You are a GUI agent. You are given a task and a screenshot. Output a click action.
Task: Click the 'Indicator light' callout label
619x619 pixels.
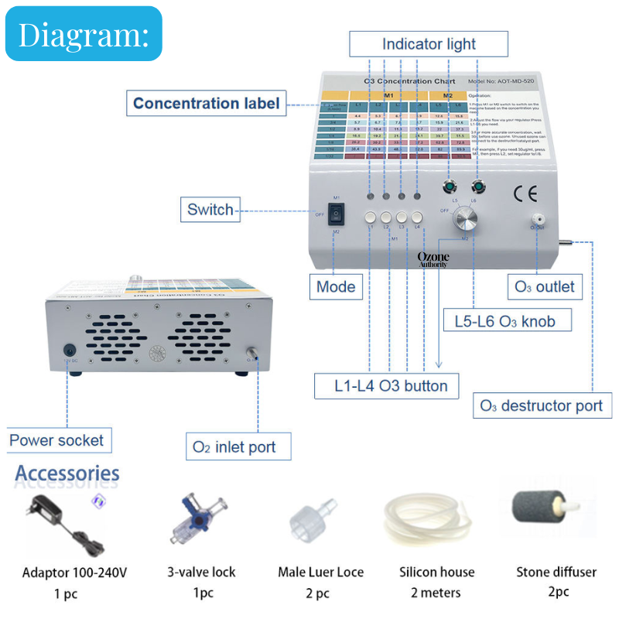point(429,44)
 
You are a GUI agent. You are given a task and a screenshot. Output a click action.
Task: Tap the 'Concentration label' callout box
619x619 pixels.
point(207,104)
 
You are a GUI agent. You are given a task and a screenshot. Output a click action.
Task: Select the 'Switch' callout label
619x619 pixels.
point(210,209)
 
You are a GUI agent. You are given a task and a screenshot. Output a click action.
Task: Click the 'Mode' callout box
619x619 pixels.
point(336,287)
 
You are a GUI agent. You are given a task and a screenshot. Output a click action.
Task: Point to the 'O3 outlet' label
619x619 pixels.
point(545,287)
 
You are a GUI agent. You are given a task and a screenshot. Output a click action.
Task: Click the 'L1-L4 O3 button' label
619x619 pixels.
point(381,385)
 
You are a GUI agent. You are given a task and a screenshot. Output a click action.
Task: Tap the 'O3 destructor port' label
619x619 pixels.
point(542,405)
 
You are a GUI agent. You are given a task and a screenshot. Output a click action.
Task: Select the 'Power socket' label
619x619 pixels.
point(56,440)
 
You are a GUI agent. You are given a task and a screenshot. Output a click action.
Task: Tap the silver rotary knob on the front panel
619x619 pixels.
point(466,221)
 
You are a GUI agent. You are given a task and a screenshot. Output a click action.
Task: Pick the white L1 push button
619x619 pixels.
point(371,217)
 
